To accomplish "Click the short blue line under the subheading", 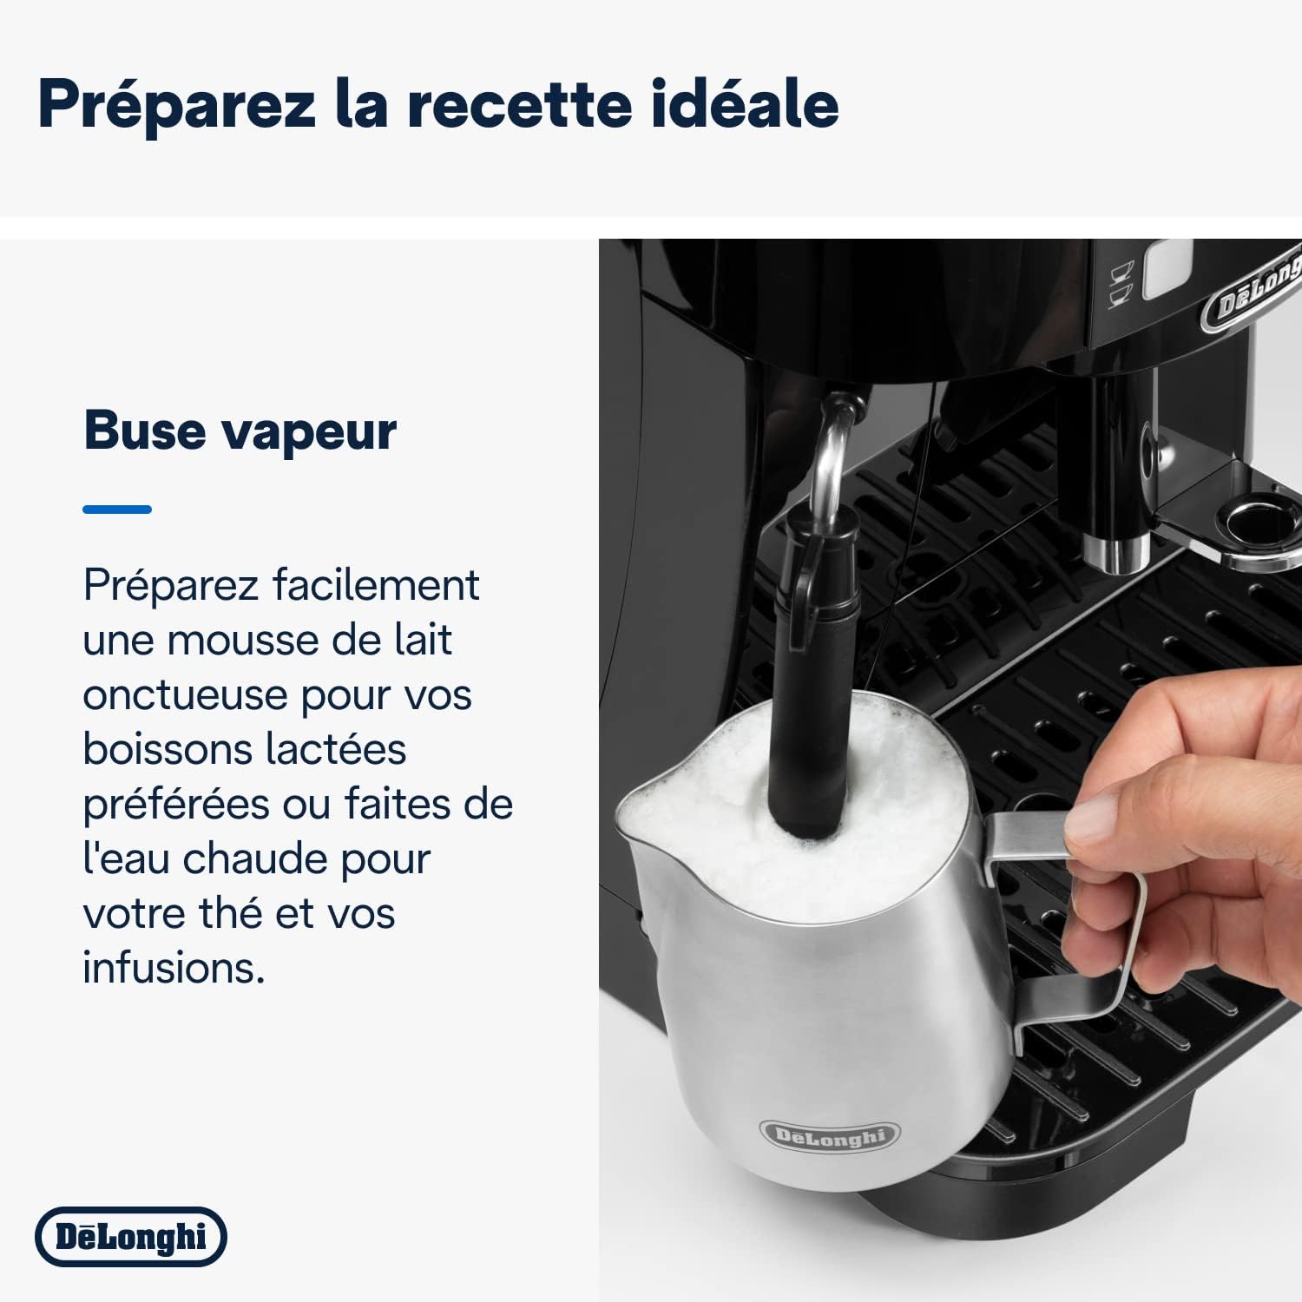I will [117, 510].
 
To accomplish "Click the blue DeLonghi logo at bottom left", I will [131, 1237].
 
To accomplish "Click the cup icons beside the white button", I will [1121, 285].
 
